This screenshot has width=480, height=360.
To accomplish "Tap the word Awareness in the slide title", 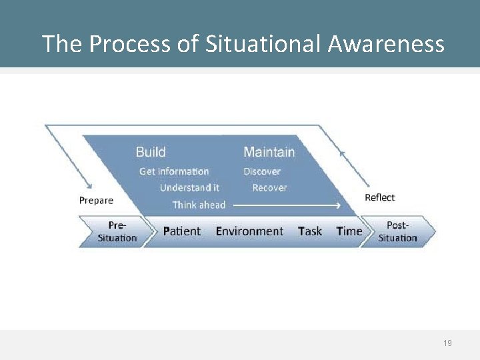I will coord(386,44).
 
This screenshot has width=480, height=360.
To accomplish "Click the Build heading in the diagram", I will coord(151,152).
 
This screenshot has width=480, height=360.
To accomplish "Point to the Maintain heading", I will coord(269,152).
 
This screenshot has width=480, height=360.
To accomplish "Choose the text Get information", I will coord(174,171).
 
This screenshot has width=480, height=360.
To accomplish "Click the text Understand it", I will coord(189,188).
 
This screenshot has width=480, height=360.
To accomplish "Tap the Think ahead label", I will coord(199,205).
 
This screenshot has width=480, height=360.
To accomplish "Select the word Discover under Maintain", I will coord(262,171).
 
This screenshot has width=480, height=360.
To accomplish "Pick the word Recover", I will coord(269,188).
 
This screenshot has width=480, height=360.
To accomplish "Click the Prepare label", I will coord(96,200).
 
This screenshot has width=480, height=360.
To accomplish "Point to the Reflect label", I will coord(380,197).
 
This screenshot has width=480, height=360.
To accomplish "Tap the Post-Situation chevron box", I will coord(398,231).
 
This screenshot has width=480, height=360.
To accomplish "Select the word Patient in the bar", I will coord(181,231).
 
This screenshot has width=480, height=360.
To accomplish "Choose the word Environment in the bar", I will coord(249,231).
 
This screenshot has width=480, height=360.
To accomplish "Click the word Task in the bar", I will coord(310,231).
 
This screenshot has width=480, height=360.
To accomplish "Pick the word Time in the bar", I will coord(349,231).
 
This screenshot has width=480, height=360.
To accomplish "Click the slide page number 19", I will coord(447,343).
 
